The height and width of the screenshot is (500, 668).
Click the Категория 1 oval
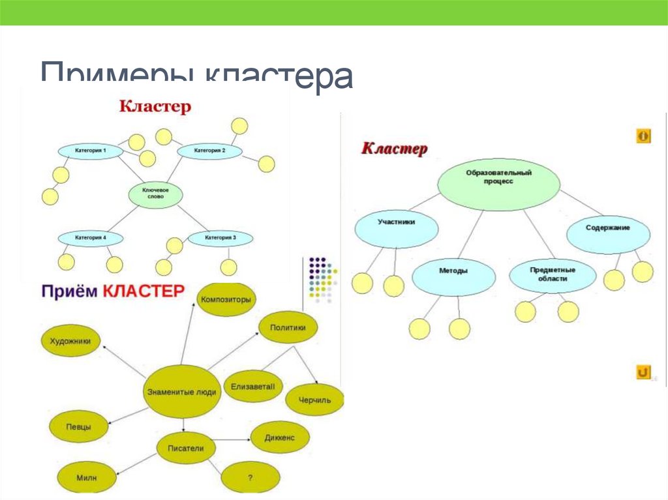[91, 151]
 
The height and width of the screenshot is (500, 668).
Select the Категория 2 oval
[210, 151]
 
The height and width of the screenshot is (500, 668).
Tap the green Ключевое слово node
[155, 194]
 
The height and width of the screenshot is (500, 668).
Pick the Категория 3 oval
[220, 239]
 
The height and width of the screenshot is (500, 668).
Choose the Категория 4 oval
[91, 239]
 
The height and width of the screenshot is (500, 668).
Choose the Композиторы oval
[226, 300]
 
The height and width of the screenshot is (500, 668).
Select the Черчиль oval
[314, 400]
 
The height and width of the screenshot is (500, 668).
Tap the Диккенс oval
[280, 438]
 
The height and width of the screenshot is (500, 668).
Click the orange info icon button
[643, 136]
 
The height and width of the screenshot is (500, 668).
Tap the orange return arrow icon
[643, 372]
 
